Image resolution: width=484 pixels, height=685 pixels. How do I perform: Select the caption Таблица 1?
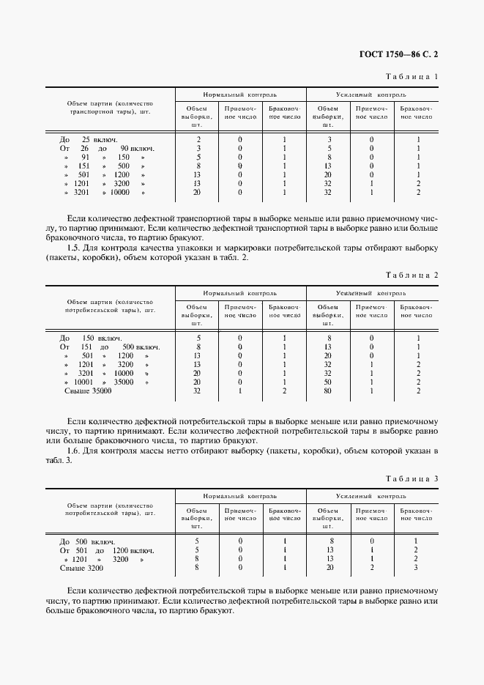(412, 76)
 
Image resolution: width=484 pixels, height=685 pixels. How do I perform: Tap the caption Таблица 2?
(412, 275)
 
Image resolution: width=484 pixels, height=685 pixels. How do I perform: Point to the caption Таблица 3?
(412, 479)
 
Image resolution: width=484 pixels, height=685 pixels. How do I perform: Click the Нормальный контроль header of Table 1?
(239, 95)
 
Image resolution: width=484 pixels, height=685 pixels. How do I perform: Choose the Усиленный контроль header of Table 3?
(371, 497)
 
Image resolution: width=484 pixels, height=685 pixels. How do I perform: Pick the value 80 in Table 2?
(329, 391)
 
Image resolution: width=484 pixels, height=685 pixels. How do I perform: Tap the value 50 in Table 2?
(329, 382)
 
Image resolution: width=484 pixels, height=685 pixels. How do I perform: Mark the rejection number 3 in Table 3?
(416, 568)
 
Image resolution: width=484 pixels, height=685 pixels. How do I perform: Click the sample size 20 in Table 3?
(329, 568)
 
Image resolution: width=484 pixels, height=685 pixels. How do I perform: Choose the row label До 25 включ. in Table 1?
(89, 139)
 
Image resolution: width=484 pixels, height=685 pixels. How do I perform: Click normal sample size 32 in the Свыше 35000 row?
(197, 391)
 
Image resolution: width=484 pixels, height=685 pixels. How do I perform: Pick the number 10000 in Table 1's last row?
(119, 193)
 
